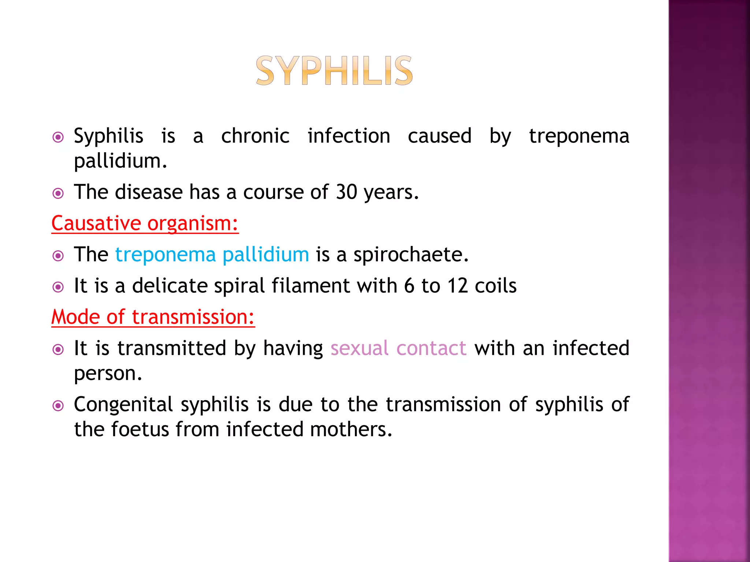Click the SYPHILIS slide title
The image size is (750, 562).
tap(334, 71)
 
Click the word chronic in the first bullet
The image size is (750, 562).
tap(255, 136)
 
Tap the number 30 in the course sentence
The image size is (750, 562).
tap(346, 192)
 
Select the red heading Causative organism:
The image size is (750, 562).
tap(145, 223)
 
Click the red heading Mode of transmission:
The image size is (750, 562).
tap(153, 317)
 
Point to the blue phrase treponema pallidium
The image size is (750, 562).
tap(212, 255)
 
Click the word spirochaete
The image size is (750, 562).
tap(411, 255)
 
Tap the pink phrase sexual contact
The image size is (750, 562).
tap(398, 348)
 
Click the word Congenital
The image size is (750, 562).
tap(123, 405)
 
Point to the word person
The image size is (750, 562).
tap(108, 374)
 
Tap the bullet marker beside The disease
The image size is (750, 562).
tap(58, 193)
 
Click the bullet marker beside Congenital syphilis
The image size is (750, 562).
tap(58, 406)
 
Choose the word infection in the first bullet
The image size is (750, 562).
tap(349, 136)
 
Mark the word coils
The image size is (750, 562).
tap(495, 286)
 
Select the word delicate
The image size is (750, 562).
tap(170, 286)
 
